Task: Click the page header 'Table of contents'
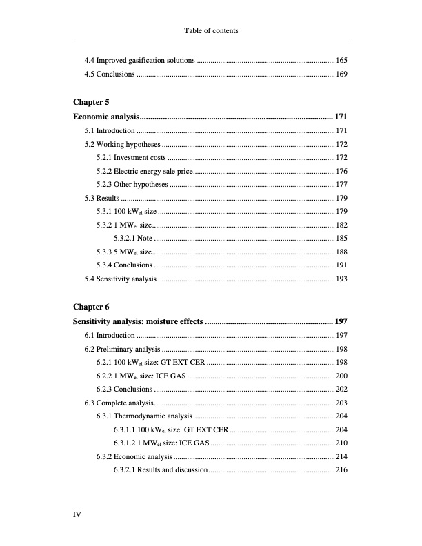coord(211,31)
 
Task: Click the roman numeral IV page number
coord(77,514)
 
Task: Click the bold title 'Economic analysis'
coord(106,116)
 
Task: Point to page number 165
coord(341,61)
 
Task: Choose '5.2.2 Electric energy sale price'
coord(145,172)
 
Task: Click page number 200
coord(341,376)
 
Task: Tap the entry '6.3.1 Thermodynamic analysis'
coord(144,416)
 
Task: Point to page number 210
coord(341,443)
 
